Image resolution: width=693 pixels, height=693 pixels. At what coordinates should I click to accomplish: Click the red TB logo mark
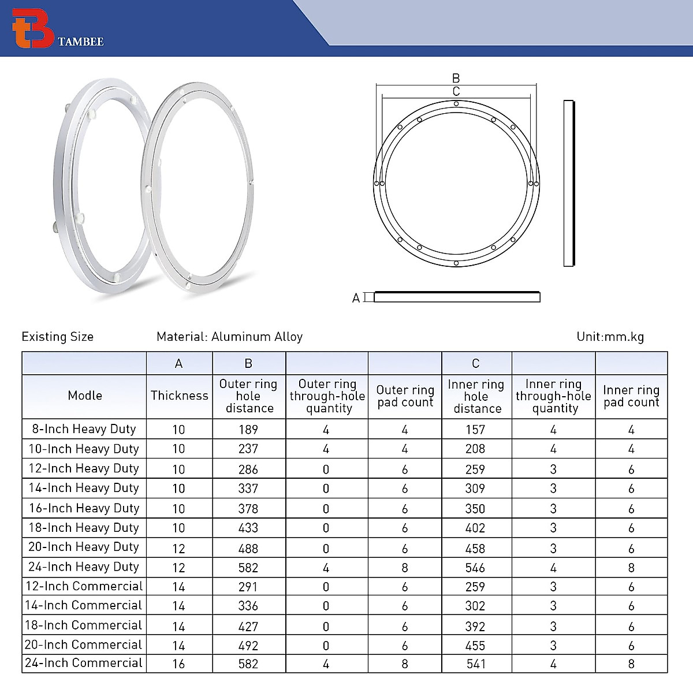point(32,28)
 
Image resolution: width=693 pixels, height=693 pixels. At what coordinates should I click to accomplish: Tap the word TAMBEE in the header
point(80,42)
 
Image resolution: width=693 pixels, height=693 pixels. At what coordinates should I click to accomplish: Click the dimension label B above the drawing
point(456,78)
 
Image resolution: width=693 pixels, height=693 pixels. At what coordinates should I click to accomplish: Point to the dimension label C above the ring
point(456,91)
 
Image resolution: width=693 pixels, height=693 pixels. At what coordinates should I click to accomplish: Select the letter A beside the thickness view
point(356,298)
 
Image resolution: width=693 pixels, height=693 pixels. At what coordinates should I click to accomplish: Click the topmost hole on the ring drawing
point(456,104)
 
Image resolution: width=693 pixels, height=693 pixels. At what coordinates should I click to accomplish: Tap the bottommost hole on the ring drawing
point(456,263)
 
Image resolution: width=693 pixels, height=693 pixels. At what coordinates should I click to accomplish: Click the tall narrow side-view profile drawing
point(569,184)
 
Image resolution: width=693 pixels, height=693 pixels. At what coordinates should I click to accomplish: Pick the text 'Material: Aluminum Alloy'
point(229,337)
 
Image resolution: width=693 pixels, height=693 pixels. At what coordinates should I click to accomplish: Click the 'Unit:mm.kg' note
point(610,337)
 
